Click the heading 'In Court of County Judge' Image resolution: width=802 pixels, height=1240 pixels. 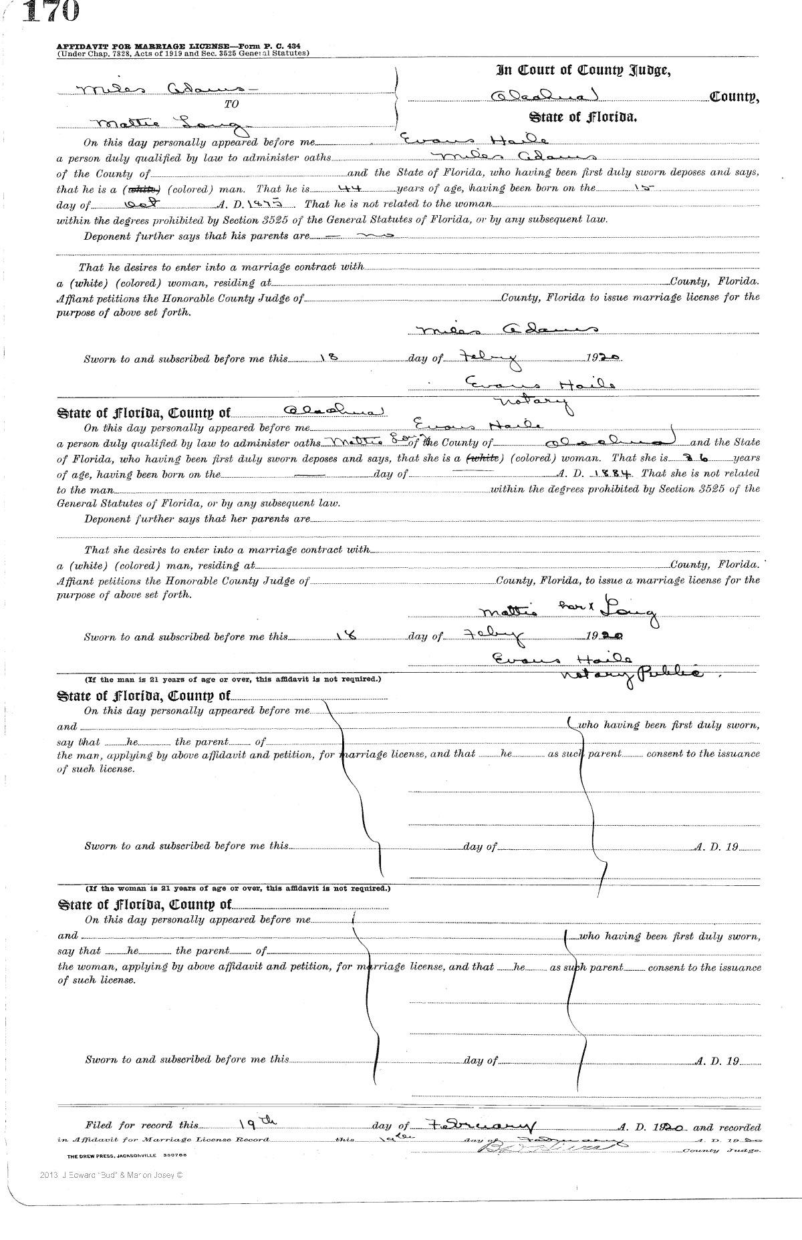(x=583, y=70)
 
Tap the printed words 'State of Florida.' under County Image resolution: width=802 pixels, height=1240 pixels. (x=583, y=118)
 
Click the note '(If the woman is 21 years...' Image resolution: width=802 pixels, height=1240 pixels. (x=238, y=889)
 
